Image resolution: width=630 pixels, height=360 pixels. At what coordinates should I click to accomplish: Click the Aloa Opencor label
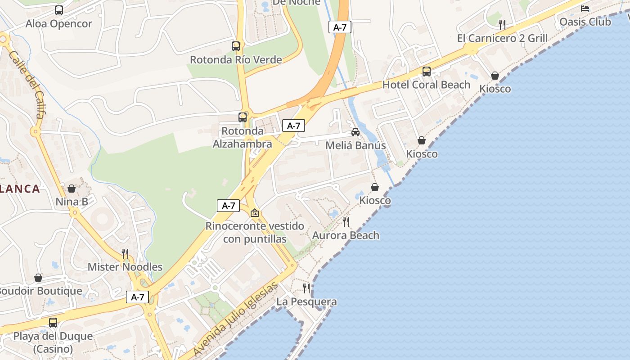pos(58,24)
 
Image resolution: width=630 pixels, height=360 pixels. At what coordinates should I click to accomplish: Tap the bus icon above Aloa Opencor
pos(59,10)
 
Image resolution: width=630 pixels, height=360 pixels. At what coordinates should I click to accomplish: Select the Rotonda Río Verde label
pos(236,59)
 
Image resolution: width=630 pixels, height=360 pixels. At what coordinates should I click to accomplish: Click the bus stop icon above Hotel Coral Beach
pos(426,71)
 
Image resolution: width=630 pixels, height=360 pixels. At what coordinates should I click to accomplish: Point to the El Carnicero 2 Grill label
pos(502,38)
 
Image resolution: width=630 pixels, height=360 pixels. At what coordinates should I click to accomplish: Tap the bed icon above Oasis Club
pos(585,8)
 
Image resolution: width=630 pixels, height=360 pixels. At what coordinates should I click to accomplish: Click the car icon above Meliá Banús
pos(355,132)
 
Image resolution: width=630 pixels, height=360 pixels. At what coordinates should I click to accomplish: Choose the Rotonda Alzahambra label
pos(242,137)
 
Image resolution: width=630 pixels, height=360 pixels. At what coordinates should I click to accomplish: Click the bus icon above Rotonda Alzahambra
pos(243,117)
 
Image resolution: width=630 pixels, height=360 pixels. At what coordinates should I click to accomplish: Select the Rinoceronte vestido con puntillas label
pos(255,232)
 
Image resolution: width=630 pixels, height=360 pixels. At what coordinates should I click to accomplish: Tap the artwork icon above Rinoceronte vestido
pos(255,213)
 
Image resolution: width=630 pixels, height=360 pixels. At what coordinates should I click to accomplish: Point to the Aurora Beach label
pos(346,235)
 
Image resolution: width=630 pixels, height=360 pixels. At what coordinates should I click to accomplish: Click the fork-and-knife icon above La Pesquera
pos(306,288)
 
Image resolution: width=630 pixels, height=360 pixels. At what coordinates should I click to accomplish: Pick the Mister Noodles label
pos(125,267)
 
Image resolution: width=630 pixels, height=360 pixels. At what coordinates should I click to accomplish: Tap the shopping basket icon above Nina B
pos(72,189)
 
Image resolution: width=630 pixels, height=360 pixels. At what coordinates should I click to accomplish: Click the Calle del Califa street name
pos(27,85)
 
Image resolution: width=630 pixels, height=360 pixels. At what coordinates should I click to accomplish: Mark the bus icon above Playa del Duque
pos(53,322)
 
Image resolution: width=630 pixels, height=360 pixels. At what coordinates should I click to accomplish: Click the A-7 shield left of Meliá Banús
pos(293,126)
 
